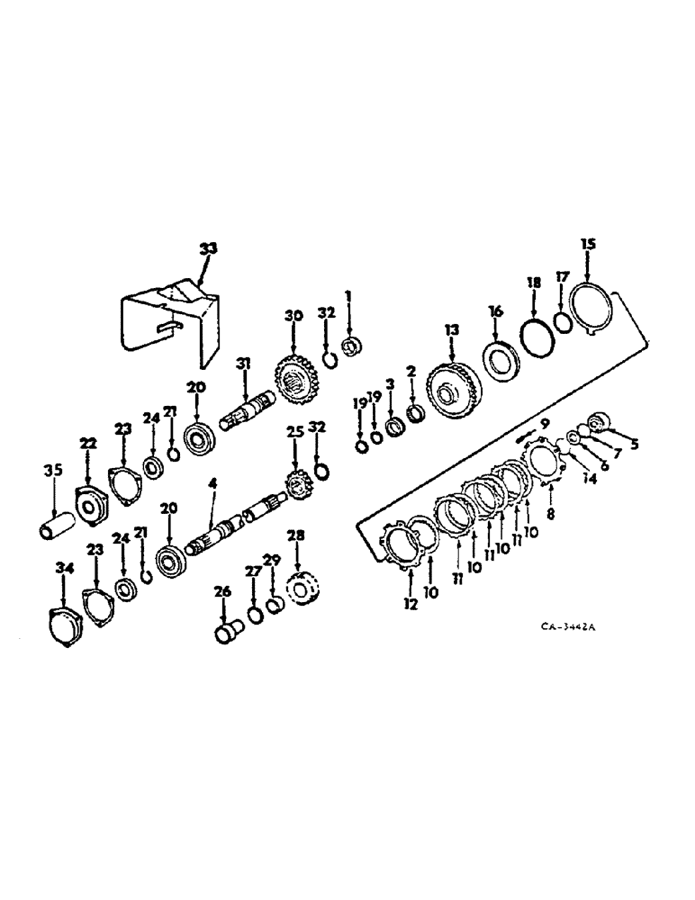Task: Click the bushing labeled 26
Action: [x=226, y=632]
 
